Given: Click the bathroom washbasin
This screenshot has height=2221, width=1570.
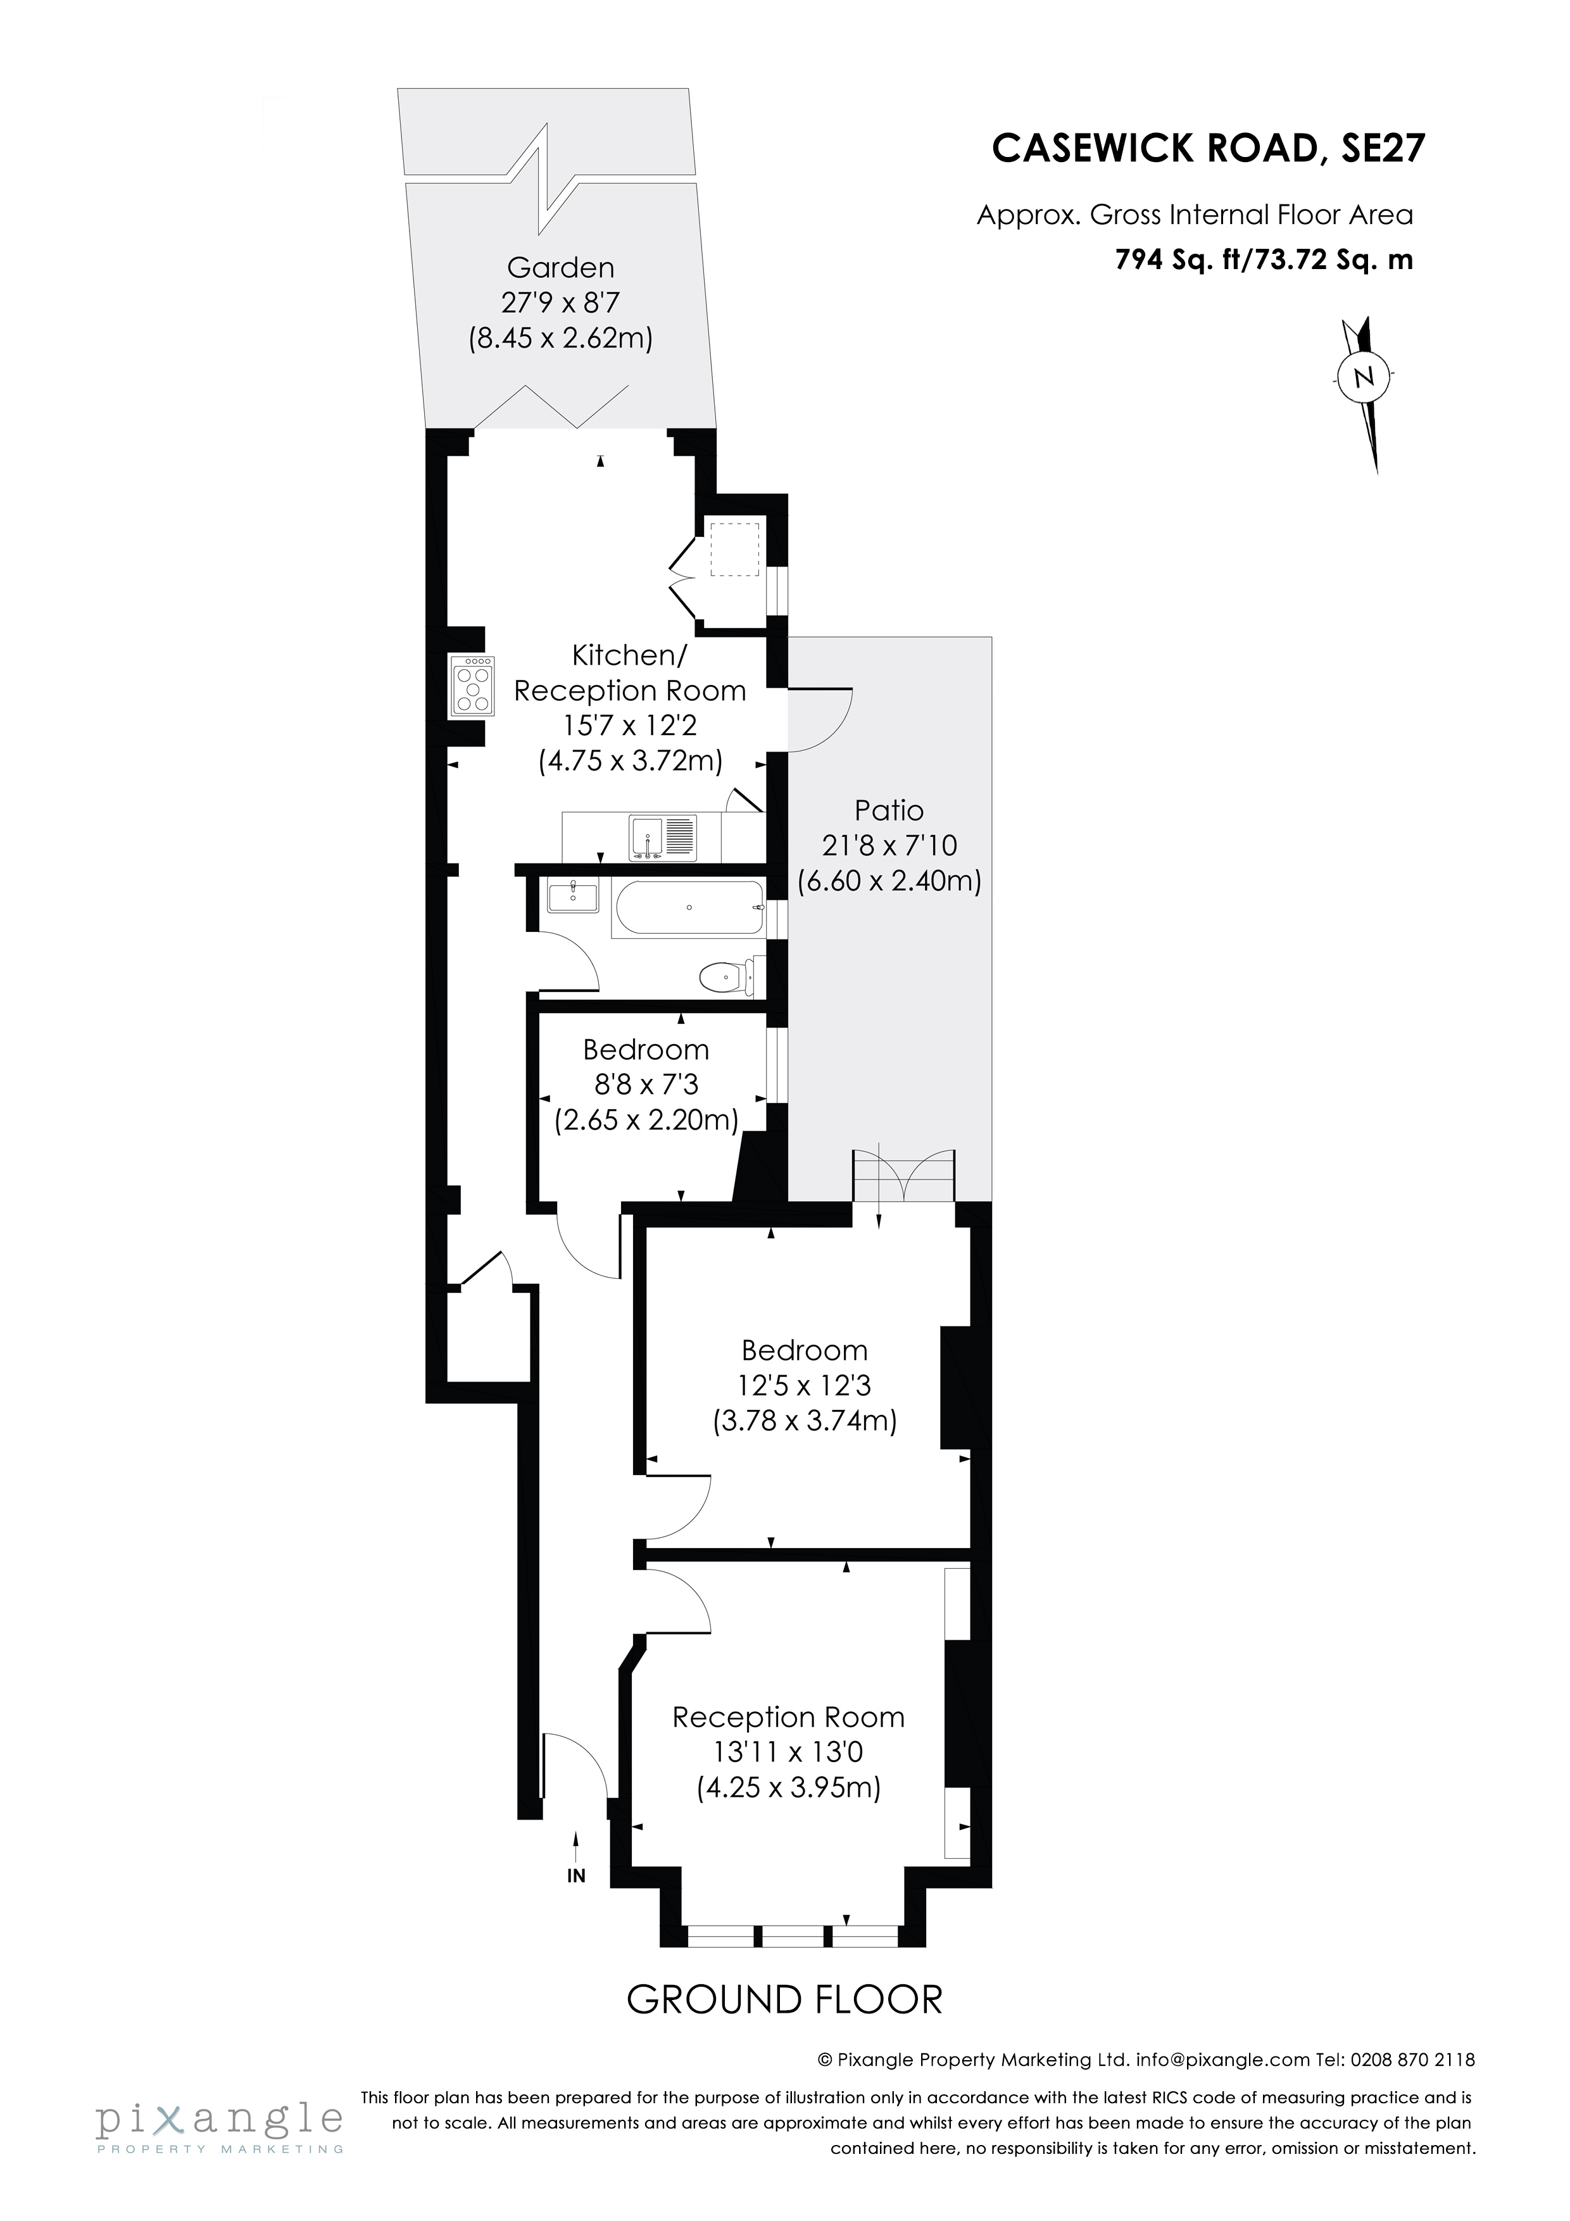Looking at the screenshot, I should coord(573,896).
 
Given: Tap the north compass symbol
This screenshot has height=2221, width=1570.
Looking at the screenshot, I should coord(1364,377).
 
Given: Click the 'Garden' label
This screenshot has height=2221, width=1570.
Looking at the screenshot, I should coord(560,267).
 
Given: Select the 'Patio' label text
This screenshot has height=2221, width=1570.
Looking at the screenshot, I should coord(889,810).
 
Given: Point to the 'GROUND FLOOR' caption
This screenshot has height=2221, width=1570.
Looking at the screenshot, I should coord(784,1999).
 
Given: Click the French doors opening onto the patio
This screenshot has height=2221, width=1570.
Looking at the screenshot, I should coord(903,1176).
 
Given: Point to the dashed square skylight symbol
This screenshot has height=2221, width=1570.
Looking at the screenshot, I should coord(733,548).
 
